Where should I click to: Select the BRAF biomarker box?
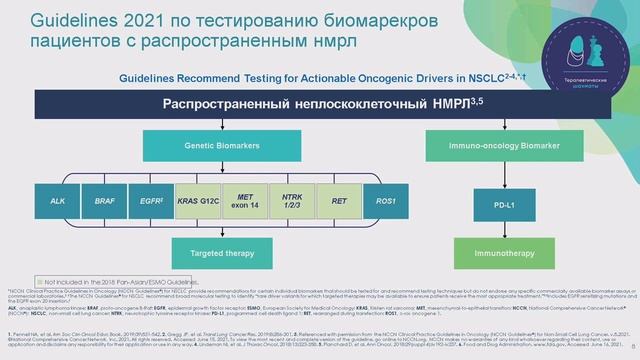click(104, 201)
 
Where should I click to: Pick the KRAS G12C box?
click(199, 201)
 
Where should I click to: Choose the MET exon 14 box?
click(246, 201)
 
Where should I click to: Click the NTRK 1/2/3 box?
click(293, 201)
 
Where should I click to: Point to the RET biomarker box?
click(340, 201)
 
